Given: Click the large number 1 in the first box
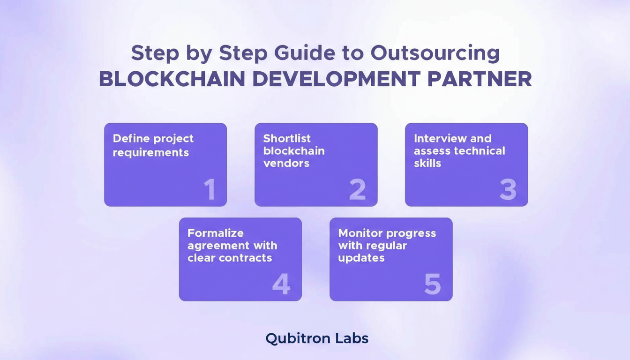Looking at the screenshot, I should tap(210, 190).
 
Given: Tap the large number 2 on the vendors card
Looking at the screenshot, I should tap(358, 190).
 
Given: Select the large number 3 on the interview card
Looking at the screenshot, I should tap(508, 190).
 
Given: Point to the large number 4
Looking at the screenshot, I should tap(281, 284).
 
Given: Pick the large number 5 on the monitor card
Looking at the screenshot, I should tap(432, 284).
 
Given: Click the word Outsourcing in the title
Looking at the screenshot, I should tap(435, 53).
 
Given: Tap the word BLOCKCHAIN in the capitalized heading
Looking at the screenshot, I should tap(172, 79).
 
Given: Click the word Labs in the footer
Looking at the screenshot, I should tap(351, 338).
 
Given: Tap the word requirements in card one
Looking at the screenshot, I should tap(151, 152).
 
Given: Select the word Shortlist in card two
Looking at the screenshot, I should tap(287, 138).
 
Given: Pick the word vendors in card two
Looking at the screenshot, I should tap(286, 163).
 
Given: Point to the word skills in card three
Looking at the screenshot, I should tap(427, 163).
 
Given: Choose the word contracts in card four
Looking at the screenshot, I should tap(248, 258).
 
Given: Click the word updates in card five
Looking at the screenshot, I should tap(361, 258).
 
